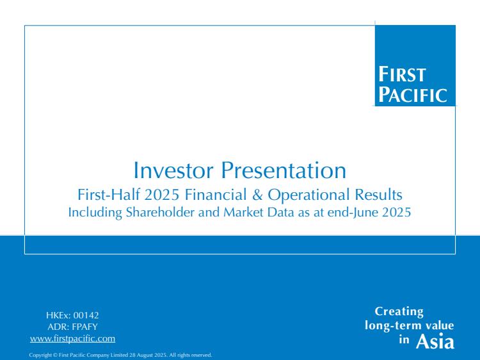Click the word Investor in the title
[x=173, y=170]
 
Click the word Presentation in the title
[x=284, y=170]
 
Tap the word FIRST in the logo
[x=402, y=74]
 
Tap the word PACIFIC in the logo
[x=413, y=94]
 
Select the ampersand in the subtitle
[x=257, y=195]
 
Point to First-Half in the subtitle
[x=109, y=195]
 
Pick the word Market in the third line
[x=243, y=212]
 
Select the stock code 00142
[x=86, y=315]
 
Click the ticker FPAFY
[x=84, y=327]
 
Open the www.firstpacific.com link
[x=72, y=339]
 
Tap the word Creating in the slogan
[x=399, y=311]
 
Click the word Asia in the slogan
[x=435, y=341]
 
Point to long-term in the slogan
[x=394, y=325]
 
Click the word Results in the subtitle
[x=378, y=195]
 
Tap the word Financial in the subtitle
[x=216, y=195]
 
